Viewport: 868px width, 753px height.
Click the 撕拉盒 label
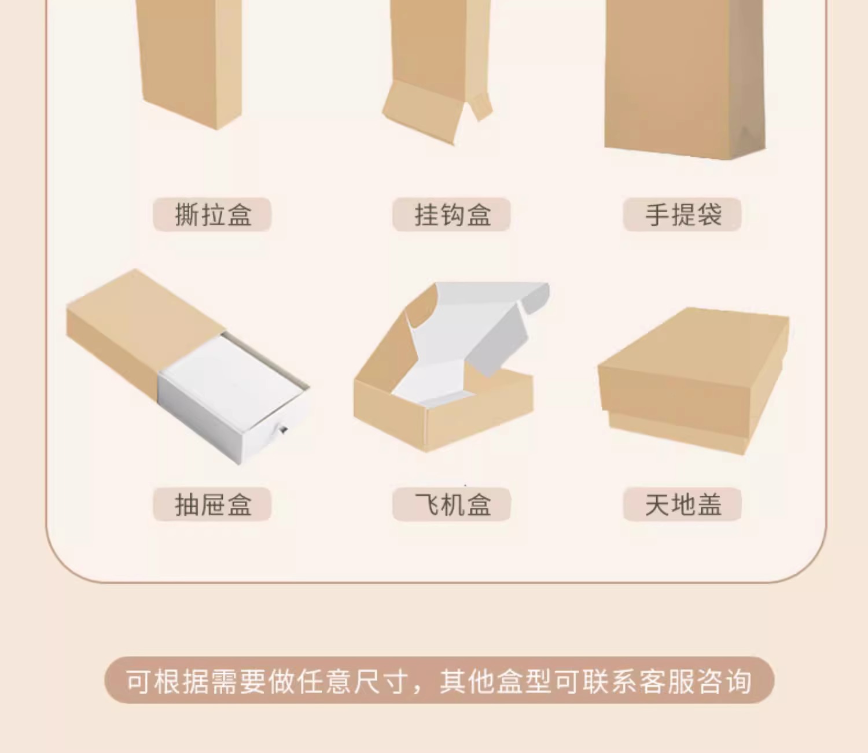[x=212, y=215]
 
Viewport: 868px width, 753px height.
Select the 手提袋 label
[x=682, y=215]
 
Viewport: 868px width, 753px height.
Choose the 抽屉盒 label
[x=212, y=504]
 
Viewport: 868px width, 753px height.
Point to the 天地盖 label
[x=682, y=504]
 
